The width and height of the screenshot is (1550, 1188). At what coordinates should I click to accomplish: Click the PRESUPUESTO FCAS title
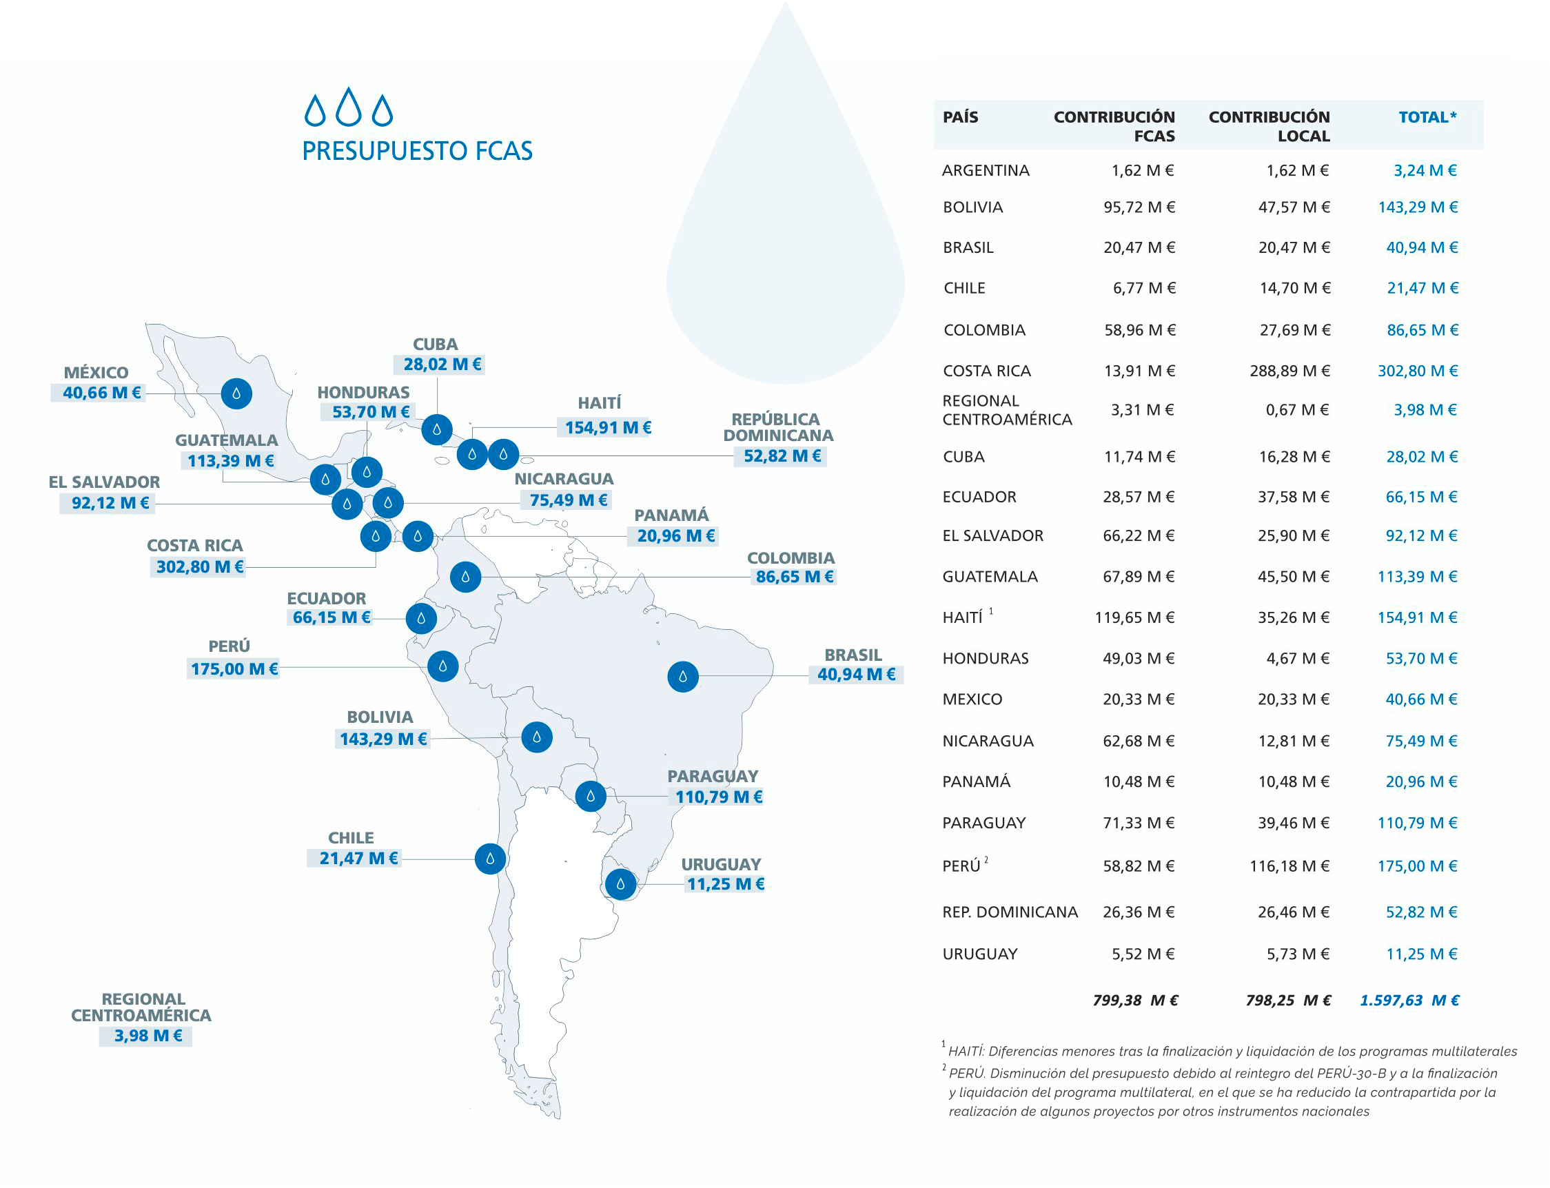point(417,152)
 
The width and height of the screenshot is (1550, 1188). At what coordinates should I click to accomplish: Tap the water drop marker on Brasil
point(682,677)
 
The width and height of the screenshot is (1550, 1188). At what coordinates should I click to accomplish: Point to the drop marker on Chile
point(489,859)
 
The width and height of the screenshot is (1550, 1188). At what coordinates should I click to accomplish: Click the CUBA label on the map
point(435,345)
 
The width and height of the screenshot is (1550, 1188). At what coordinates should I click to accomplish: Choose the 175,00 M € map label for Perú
point(234,669)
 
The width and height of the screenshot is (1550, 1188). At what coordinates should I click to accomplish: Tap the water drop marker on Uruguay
point(620,884)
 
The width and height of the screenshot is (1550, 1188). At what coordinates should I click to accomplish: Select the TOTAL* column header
point(1427,117)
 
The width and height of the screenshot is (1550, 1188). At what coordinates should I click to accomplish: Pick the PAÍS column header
point(960,117)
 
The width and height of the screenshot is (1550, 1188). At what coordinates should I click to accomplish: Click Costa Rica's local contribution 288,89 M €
point(1289,371)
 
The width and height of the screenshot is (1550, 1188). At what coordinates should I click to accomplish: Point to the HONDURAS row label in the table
point(985,659)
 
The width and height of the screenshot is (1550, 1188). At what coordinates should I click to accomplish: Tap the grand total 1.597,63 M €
point(1409,1001)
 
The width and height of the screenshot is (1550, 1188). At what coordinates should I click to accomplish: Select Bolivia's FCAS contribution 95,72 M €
point(1139,208)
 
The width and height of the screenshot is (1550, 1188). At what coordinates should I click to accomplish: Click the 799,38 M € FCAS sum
point(1135,1001)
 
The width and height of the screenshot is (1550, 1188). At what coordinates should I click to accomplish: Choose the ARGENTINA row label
point(985,171)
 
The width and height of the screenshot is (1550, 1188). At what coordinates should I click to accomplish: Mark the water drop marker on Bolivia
point(537,737)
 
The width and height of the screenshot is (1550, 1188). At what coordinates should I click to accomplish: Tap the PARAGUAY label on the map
point(712,777)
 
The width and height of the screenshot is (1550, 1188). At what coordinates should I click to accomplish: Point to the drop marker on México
point(236,393)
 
